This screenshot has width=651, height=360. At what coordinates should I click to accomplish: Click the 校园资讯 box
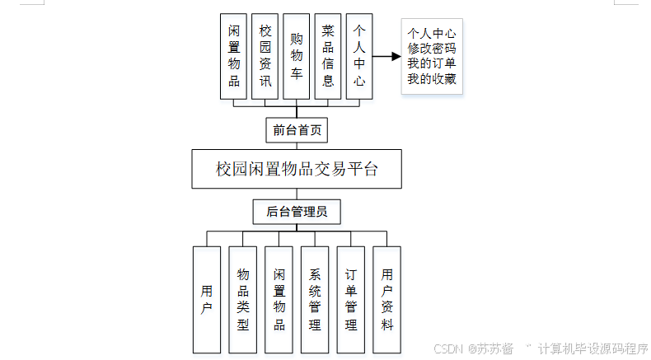[x=265, y=56]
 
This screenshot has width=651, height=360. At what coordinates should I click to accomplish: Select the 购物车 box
[x=296, y=56]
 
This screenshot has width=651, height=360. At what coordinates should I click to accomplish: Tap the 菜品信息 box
[x=328, y=56]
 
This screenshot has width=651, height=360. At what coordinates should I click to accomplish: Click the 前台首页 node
[x=297, y=130]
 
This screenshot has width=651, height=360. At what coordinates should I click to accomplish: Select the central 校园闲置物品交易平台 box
[x=297, y=170]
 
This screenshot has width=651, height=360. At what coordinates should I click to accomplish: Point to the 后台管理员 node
[x=297, y=212]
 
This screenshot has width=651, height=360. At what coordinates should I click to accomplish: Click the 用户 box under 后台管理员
[x=206, y=299]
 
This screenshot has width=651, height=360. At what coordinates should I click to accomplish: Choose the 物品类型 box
[x=242, y=299]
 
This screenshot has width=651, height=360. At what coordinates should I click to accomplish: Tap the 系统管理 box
[x=315, y=299]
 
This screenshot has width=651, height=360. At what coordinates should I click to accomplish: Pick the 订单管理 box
[x=351, y=299]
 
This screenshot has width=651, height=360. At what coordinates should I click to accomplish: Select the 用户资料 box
[x=387, y=299]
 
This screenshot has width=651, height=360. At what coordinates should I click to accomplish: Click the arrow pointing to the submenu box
[x=386, y=57]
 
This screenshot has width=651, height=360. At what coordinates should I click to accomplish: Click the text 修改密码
[x=432, y=49]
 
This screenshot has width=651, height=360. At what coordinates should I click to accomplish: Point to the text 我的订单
[x=432, y=65]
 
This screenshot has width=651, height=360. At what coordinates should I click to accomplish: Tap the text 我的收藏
[x=432, y=81]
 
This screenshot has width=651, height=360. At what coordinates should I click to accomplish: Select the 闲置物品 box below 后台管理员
[x=279, y=299]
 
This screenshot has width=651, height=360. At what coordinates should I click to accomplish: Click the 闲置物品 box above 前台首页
[x=234, y=56]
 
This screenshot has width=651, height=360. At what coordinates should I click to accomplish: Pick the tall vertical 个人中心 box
[x=359, y=56]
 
